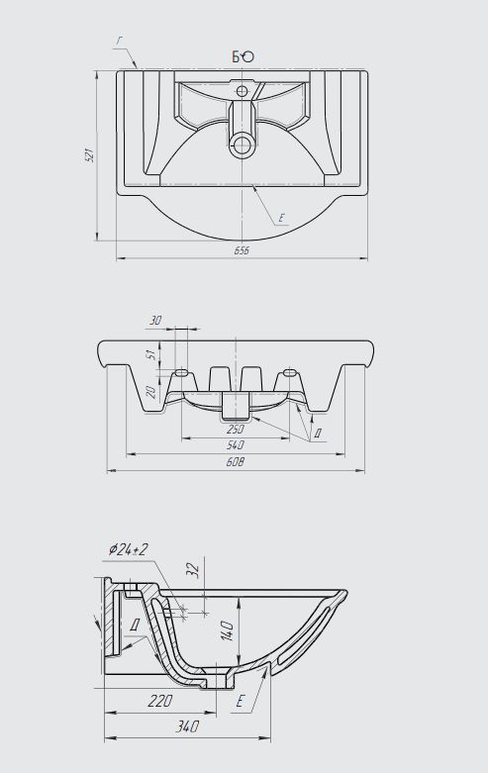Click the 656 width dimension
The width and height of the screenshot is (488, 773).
coord(242,250)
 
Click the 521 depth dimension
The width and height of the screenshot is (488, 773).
coord(89,155)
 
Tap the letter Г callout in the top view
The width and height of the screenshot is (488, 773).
coord(120,42)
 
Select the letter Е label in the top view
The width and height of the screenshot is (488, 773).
coord(281,218)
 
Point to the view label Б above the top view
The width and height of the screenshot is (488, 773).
coord(238,57)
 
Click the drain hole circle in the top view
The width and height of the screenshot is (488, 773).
coord(242,145)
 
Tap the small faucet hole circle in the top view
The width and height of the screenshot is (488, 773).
coord(242,91)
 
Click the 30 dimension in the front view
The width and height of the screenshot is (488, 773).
coord(155,321)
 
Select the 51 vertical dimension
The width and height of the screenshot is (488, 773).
coord(154,353)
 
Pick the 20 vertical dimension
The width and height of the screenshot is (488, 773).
coord(151,391)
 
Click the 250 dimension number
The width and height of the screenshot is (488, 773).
coord(236,430)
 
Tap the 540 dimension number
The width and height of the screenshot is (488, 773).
coord(236,445)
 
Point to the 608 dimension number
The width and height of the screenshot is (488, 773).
coord(236,462)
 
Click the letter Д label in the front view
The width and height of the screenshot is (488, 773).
coord(318,434)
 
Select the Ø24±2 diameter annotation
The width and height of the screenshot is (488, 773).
coord(129,549)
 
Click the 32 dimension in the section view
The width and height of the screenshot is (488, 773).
coord(194,569)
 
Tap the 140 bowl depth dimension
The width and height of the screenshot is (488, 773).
coord(227,631)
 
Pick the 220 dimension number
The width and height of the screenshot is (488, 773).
coord(159,701)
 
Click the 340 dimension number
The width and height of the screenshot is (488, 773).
coord(187,726)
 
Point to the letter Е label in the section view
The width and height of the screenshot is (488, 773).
coord(241,701)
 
